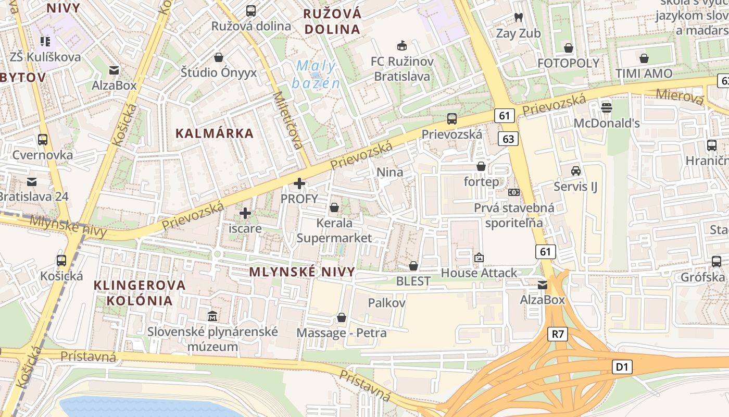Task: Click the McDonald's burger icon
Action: point(606,108)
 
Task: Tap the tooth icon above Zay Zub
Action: point(518,17)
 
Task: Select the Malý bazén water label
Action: point(316,75)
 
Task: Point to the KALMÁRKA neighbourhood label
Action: point(215,133)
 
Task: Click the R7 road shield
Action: point(558,334)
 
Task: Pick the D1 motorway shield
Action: point(622,367)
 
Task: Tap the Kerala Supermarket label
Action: point(334,230)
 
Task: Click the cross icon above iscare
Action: point(245,213)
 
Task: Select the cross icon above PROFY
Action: point(299,183)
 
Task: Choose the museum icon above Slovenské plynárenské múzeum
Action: point(212,316)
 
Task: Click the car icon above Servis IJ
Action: point(576,170)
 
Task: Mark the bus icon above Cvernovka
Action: point(43,140)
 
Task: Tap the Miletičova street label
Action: point(288,120)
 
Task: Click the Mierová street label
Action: point(680,95)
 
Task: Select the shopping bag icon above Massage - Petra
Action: point(342,317)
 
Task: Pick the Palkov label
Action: point(386,303)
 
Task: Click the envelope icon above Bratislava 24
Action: point(32,181)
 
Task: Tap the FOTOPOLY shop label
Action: point(569,63)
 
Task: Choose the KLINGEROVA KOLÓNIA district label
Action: point(140,292)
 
